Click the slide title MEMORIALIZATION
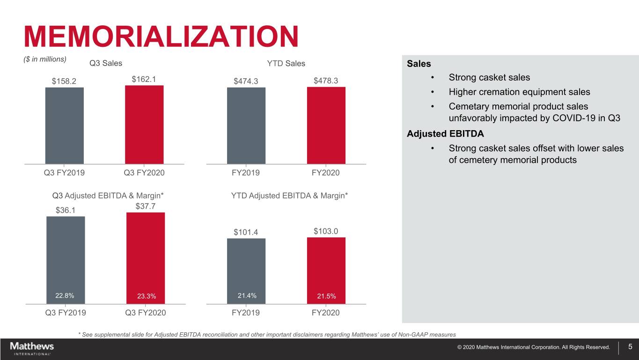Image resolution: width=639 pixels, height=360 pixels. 161,37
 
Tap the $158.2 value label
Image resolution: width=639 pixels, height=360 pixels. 65,81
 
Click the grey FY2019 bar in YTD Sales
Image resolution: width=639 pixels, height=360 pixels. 246,125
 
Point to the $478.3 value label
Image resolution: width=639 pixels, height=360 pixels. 326,81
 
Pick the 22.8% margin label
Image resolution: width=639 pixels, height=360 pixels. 65,295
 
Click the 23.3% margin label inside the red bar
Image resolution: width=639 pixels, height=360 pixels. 147,296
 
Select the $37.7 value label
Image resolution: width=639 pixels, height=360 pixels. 146,206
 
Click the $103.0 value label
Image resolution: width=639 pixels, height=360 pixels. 326,231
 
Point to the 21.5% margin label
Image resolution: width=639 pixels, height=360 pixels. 326,296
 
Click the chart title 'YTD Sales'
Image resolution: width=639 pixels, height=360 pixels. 286,64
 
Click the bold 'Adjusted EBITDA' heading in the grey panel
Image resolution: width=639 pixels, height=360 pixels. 445,134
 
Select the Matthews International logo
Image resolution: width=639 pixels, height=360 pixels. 32,348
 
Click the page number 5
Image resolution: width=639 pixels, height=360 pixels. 630,347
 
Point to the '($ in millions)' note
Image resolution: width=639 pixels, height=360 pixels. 44,59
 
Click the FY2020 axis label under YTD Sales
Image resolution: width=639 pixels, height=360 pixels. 326,173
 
